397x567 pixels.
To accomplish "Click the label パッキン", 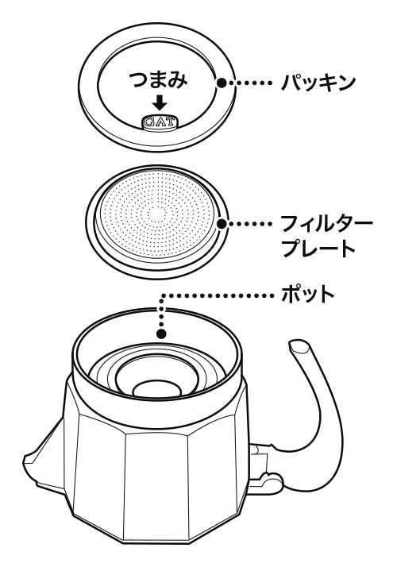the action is click(x=318, y=83).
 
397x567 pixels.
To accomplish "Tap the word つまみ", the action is click(x=159, y=80).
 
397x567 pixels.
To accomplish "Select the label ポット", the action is click(x=308, y=295).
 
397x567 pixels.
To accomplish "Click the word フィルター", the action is click(x=326, y=224).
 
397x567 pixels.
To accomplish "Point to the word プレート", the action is click(x=318, y=249).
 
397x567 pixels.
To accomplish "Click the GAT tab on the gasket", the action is click(x=160, y=122).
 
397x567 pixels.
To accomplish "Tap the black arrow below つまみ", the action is click(x=160, y=102).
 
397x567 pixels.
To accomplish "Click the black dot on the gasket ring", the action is click(x=222, y=83).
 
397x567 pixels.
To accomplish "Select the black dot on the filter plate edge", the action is click(x=222, y=224).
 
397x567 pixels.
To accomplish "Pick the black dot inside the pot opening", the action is click(x=161, y=333).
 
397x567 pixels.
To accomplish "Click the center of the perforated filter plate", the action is click(x=156, y=214).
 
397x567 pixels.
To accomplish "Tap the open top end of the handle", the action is click(x=300, y=346).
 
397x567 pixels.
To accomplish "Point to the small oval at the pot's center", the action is click(x=157, y=390).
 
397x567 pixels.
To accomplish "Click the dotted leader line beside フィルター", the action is click(x=250, y=224).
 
